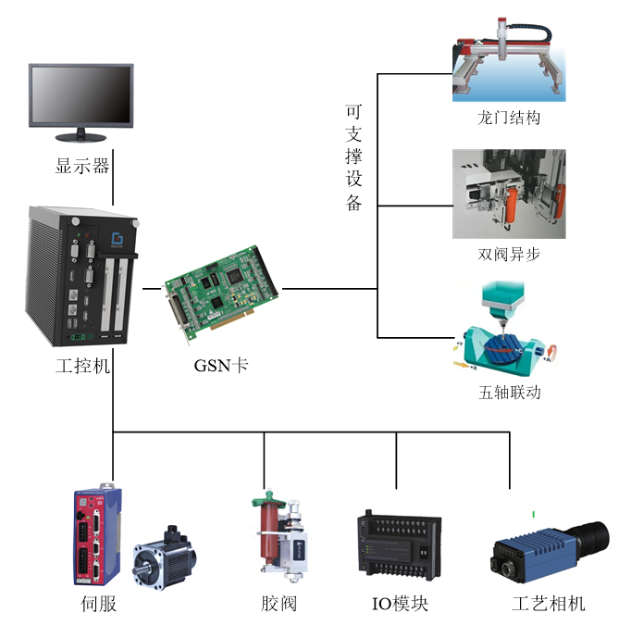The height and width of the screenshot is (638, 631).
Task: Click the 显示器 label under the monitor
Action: [x=82, y=167]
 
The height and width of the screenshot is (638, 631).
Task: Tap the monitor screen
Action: [x=81, y=93]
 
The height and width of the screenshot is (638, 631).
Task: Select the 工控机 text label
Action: [x=83, y=366]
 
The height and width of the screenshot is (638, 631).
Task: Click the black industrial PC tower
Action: [x=84, y=278]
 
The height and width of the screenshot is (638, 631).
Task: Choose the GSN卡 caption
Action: [x=221, y=365]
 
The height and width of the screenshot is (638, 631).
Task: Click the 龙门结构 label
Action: [x=509, y=119]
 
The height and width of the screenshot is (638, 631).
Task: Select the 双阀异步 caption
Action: [x=509, y=255]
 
